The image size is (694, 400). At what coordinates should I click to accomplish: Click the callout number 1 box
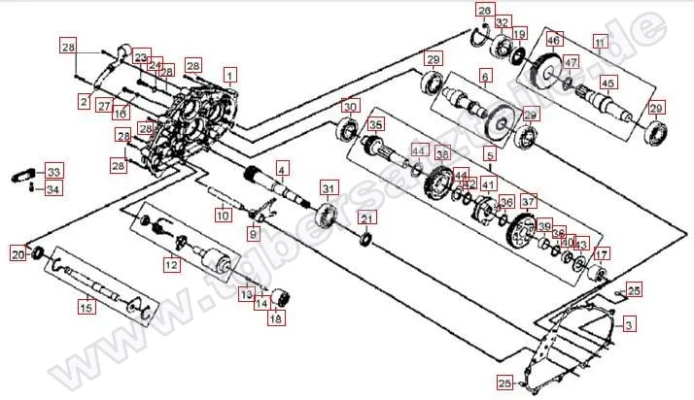(229, 74)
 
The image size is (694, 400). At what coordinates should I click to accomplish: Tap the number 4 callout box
(281, 168)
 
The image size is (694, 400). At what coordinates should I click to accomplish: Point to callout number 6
(485, 75)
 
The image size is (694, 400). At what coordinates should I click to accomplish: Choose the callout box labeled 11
(600, 43)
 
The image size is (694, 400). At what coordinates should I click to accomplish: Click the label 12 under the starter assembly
(171, 263)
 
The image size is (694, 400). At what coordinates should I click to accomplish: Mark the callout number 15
(87, 308)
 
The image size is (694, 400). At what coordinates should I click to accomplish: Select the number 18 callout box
(277, 318)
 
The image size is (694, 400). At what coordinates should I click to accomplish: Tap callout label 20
(17, 254)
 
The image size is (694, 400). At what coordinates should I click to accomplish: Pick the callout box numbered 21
(366, 217)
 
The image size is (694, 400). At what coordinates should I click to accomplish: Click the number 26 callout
(484, 11)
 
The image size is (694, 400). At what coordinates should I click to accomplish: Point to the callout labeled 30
(350, 106)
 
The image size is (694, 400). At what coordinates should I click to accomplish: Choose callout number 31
(330, 187)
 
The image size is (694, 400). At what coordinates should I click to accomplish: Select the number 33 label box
(53, 171)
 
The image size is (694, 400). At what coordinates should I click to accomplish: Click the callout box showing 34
(53, 188)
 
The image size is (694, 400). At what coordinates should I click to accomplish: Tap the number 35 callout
(375, 124)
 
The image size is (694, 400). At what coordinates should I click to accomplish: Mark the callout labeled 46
(553, 40)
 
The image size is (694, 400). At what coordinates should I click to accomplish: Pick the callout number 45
(607, 83)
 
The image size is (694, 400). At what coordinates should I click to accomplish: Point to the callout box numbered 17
(601, 256)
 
